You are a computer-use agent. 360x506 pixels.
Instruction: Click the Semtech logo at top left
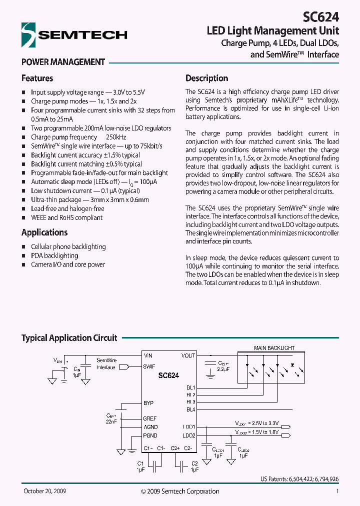74,34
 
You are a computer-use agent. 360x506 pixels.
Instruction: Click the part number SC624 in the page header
321,16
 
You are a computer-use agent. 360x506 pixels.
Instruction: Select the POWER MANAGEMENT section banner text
63,62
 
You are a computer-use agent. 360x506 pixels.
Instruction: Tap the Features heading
37,78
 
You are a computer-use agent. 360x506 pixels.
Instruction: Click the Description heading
206,78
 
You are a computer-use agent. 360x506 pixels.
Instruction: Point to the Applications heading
44,232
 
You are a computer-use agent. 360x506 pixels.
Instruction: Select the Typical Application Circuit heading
69,338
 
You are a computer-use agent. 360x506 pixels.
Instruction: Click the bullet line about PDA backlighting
54,255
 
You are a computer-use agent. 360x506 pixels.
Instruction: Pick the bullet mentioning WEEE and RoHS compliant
66,218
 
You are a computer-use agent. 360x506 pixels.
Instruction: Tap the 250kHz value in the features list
116,137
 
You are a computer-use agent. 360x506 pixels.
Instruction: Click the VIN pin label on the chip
148,355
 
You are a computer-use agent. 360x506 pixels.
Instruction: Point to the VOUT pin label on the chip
188,355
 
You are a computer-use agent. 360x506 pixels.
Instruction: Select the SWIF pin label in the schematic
149,366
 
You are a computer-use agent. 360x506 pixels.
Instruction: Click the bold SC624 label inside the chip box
168,375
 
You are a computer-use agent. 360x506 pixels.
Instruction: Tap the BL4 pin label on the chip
190,409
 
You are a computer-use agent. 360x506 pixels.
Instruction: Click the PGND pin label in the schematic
150,435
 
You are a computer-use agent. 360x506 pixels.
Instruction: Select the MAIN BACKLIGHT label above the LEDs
274,348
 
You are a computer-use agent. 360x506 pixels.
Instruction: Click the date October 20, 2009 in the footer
44,491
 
